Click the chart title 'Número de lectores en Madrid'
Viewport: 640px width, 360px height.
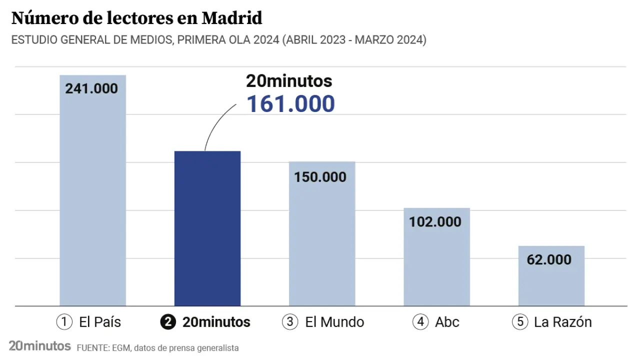(x=136, y=18)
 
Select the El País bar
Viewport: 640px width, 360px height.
(x=92, y=200)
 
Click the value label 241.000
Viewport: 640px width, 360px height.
(x=91, y=88)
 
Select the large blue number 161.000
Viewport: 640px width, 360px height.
(x=290, y=103)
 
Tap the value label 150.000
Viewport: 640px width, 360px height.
(x=320, y=177)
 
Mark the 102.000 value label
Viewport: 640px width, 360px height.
(x=435, y=221)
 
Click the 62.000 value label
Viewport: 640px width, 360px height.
(x=548, y=259)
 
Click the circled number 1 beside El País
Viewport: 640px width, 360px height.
(x=64, y=322)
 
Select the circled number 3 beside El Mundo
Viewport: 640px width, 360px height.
(x=290, y=322)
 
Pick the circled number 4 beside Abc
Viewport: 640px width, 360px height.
(x=420, y=322)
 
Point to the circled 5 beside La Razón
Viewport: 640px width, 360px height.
(x=520, y=322)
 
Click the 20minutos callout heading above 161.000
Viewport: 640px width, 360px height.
(x=289, y=81)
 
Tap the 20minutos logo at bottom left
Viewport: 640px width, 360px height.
(x=39, y=346)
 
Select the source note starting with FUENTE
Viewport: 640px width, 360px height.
(x=157, y=347)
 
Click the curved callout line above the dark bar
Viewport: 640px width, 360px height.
(x=214, y=125)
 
